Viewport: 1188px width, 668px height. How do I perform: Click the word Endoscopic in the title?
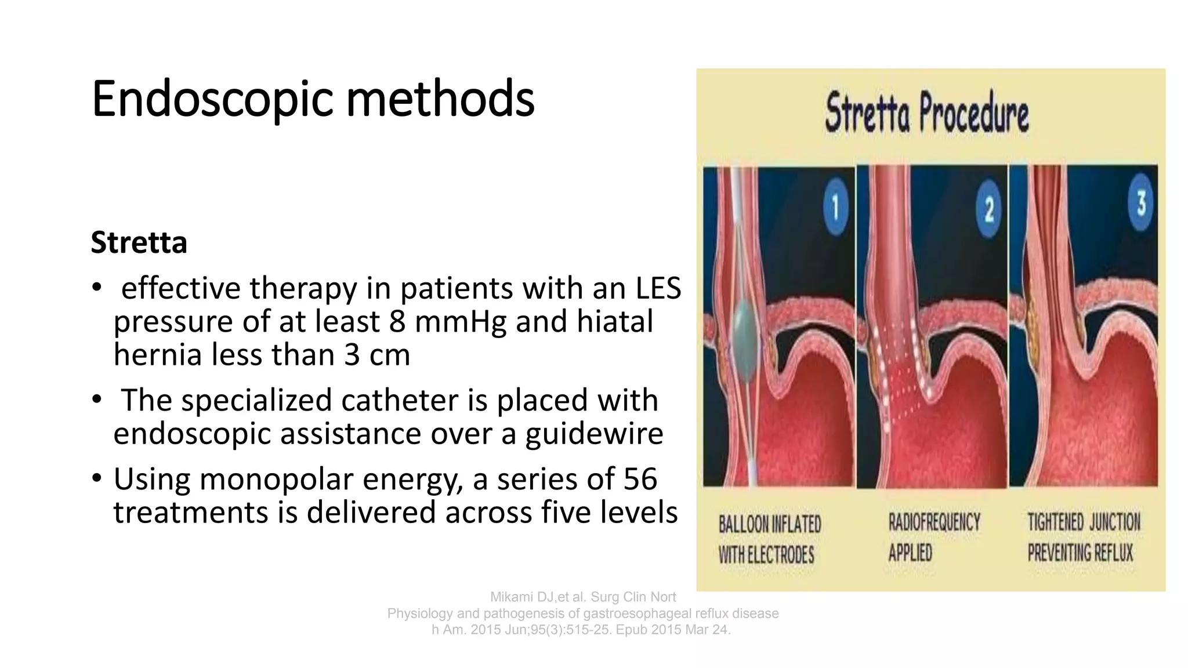(x=212, y=100)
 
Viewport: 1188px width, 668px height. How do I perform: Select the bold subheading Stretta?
(x=139, y=242)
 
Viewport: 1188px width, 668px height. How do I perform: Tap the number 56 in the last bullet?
(x=640, y=480)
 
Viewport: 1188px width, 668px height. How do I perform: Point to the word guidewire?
(x=594, y=434)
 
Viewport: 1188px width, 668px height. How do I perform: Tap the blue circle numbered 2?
(x=989, y=209)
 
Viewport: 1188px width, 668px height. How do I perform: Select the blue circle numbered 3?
(x=1141, y=203)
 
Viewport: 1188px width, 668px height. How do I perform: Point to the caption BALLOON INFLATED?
(x=770, y=524)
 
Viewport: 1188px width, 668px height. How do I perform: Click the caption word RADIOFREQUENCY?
(x=934, y=522)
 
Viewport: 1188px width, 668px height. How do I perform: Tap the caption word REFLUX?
(x=1113, y=553)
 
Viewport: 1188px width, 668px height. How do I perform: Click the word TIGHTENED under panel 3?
(x=1055, y=522)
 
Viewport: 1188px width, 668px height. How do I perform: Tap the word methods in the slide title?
(x=440, y=100)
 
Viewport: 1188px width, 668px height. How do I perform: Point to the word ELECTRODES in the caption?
(x=781, y=556)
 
